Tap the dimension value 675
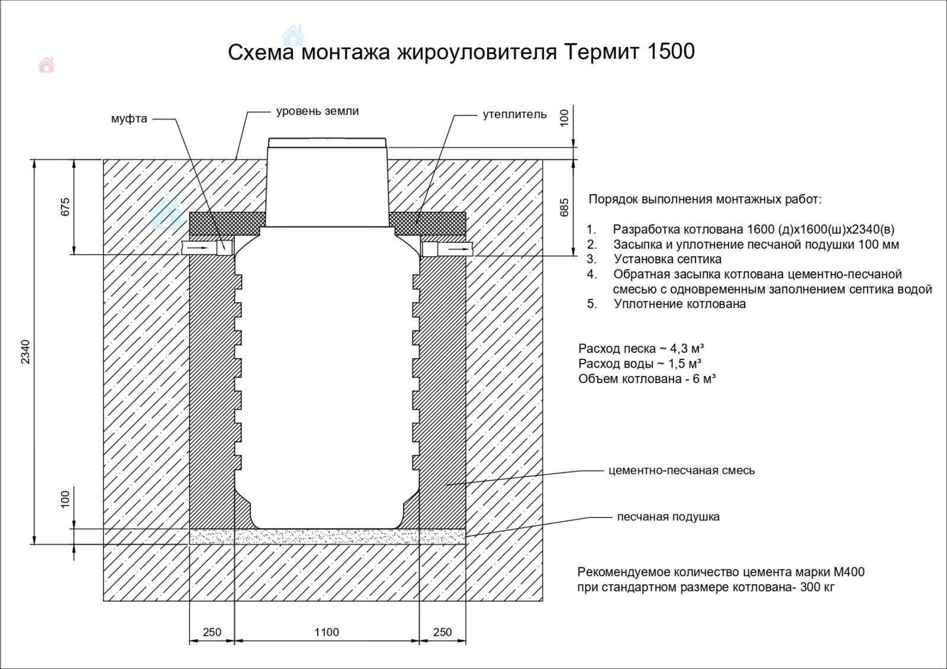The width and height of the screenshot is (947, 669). pos(65,207)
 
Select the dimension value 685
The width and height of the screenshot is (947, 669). pos(564,207)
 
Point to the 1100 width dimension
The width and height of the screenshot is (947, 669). pos(326,632)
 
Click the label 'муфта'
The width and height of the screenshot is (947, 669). pos(129,119)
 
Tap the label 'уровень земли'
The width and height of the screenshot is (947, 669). pos(317,111)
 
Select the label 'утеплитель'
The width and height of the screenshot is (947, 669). pos(514,114)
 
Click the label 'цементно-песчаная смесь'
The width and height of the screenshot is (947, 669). pos(681,471)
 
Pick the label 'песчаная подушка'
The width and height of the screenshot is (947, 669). pos(668,517)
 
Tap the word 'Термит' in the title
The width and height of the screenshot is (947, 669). pos(601,52)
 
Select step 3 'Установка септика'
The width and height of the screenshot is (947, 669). pos(667,259)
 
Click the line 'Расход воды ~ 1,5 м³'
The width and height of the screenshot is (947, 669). pos(640,364)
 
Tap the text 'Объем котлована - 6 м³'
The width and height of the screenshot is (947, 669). pos(647,379)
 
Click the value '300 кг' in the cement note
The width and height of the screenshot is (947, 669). pos(817,588)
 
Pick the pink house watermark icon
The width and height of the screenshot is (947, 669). pos(46,65)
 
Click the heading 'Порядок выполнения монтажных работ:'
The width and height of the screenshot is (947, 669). pos(705,200)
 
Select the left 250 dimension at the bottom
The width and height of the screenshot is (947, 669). pos(212,632)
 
